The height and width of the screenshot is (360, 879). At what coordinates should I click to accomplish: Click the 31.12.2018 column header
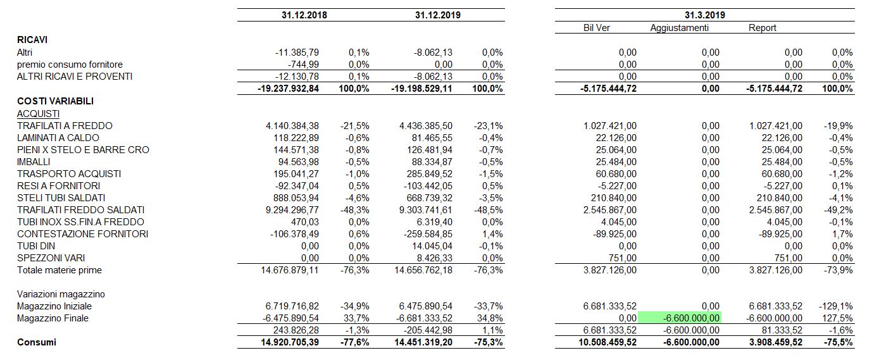304,15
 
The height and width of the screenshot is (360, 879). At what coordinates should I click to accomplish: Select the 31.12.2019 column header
437,15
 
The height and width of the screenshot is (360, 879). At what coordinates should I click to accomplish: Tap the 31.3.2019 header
705,15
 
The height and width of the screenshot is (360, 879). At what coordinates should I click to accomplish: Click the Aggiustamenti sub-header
679,28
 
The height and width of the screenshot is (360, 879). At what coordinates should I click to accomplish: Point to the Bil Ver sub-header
597,28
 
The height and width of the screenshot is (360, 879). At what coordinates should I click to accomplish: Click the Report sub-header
763,28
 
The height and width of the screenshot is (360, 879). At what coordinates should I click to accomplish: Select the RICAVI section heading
32,40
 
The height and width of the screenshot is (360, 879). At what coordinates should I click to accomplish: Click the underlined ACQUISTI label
38,114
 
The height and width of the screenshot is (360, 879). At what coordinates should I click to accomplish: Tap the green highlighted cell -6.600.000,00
680,318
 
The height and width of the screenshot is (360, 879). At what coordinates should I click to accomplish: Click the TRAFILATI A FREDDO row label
65,126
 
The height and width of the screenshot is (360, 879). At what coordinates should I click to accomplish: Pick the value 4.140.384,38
292,126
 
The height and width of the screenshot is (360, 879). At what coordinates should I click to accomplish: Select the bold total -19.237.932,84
288,89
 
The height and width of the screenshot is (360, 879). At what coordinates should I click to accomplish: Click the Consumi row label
37,342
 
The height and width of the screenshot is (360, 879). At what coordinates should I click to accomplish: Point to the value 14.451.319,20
423,342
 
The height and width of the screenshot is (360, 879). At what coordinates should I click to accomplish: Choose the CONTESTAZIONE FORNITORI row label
82,234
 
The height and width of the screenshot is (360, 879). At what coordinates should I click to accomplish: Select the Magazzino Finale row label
53,318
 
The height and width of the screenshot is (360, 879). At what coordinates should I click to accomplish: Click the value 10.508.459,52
608,342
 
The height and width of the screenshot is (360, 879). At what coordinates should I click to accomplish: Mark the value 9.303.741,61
426,210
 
